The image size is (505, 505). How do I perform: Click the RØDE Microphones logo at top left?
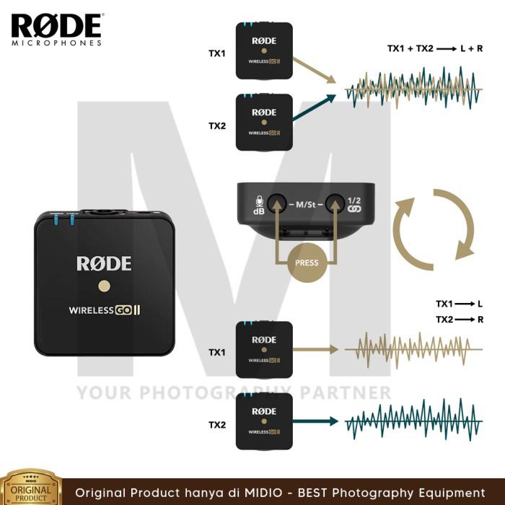pyautogui.click(x=56, y=28)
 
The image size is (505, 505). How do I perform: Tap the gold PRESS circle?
pyautogui.click(x=306, y=263)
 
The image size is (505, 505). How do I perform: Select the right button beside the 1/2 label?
pyautogui.click(x=333, y=204)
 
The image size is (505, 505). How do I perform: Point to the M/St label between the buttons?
pyautogui.click(x=304, y=205)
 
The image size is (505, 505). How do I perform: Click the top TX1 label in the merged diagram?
pyautogui.click(x=217, y=53)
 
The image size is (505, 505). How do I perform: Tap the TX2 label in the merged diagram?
pyautogui.click(x=217, y=126)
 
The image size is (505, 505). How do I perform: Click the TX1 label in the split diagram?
pyautogui.click(x=217, y=352)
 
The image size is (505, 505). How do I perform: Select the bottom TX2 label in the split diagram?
pyautogui.click(x=217, y=425)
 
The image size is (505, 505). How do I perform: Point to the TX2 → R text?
pyautogui.click(x=459, y=319)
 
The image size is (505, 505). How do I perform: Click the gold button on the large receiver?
pyautogui.click(x=104, y=286)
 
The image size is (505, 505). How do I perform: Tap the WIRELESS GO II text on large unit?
pyautogui.click(x=104, y=311)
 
